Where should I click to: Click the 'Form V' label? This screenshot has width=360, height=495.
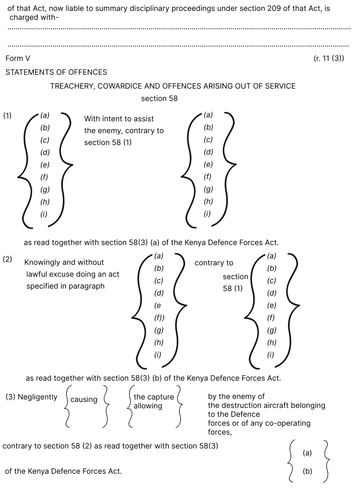pos(18,58)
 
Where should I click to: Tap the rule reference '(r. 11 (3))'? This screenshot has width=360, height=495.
pos(329,58)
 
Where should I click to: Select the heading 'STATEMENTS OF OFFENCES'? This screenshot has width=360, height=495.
pos(56,72)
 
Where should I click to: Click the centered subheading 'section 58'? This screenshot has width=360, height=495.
pos(159,99)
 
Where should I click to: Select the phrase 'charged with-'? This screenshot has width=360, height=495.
pos(34,17)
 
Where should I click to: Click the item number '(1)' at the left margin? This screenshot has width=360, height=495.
pos(7,115)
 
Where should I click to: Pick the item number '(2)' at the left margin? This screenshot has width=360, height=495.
pos(7,259)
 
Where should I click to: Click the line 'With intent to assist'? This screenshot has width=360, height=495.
pos(119,119)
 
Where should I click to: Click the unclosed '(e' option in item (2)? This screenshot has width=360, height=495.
pos(157,305)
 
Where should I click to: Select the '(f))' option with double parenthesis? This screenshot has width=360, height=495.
pos(159,318)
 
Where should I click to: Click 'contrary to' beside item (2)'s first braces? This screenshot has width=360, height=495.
pos(214,263)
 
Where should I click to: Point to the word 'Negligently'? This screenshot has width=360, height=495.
pos(38,397)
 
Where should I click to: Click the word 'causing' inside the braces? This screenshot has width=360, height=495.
pos(84,399)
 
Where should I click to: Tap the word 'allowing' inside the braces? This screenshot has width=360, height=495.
pos(148,406)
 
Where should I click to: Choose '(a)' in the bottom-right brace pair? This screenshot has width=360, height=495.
pos(308,453)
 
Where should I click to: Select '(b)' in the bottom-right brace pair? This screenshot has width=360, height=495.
pos(308,471)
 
